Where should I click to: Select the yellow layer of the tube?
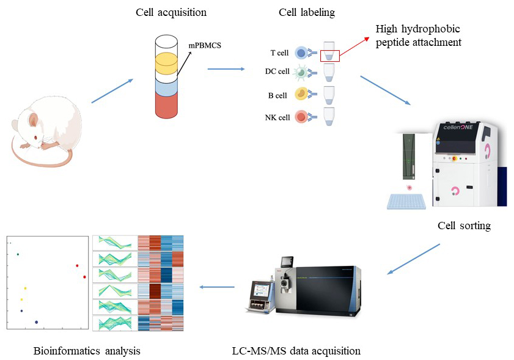click(174, 62)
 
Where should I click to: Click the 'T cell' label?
click(279, 54)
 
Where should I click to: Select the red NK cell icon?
click(301, 116)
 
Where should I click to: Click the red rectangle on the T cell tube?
click(329, 56)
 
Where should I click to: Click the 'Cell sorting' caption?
click(464, 226)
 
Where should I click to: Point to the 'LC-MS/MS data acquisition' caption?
click(296, 351)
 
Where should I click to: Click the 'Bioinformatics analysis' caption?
click(87, 351)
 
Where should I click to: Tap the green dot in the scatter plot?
click(18, 254)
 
